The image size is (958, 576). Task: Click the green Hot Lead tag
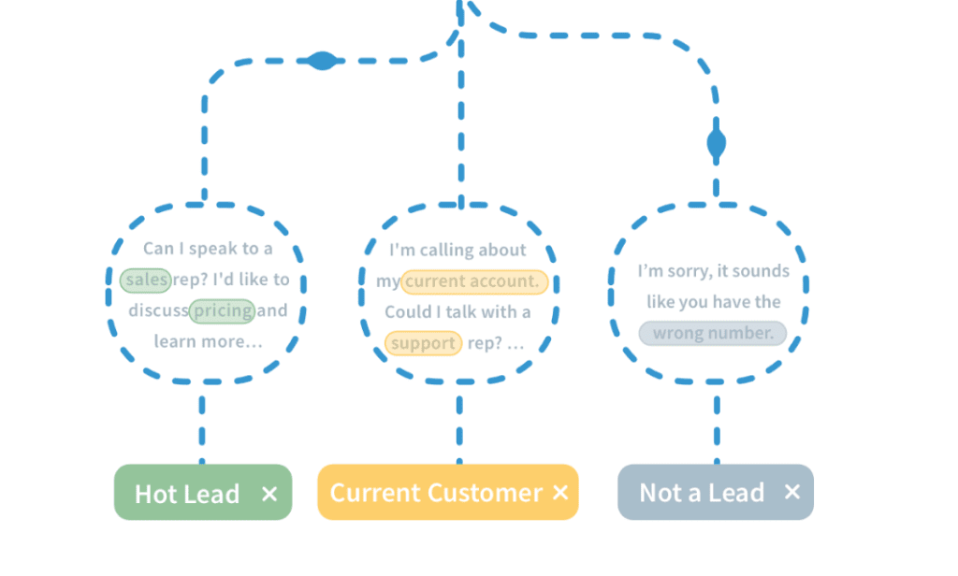click(187, 493)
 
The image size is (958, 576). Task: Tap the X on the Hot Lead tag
click(269, 493)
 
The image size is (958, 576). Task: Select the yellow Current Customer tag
click(435, 493)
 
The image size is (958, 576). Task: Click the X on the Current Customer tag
click(559, 492)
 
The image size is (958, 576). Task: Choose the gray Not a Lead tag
click(702, 493)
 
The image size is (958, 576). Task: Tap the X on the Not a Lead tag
click(791, 492)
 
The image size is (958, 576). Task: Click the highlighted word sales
click(146, 279)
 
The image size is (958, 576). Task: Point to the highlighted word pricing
click(222, 310)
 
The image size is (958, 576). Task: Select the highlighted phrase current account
click(473, 281)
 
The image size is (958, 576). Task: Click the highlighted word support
click(423, 343)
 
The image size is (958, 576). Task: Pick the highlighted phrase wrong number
click(713, 333)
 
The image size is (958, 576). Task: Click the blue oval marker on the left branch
click(321, 61)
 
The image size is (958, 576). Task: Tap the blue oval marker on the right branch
click(717, 144)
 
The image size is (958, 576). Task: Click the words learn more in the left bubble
click(208, 341)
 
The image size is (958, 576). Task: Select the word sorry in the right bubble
click(686, 271)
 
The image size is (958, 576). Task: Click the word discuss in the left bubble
click(158, 310)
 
